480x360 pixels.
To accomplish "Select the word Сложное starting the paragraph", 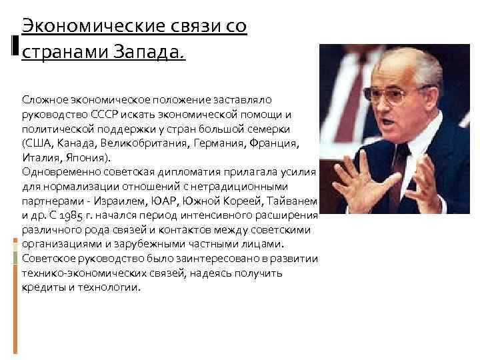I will pos(45,99).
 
